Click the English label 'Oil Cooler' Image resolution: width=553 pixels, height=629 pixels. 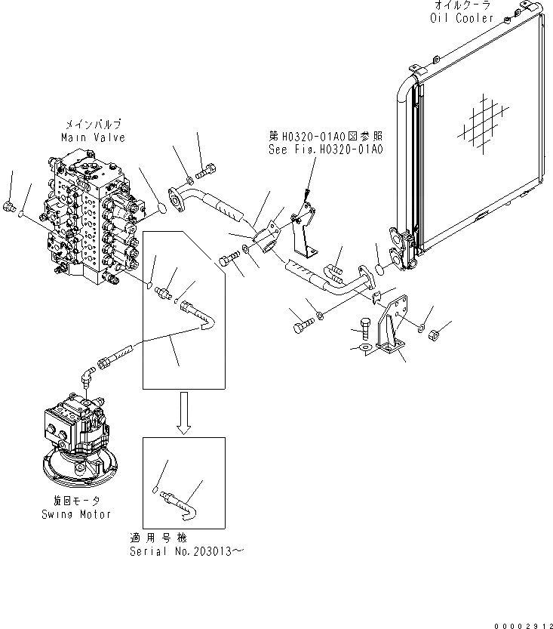pyautogui.click(x=462, y=17)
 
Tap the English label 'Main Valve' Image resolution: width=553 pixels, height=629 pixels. pyautogui.click(x=94, y=137)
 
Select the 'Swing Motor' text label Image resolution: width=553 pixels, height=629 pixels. pyautogui.click(x=76, y=514)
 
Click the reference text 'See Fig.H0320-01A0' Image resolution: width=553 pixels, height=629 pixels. pyautogui.click(x=326, y=150)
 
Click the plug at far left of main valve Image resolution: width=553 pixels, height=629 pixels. pyautogui.click(x=10, y=207)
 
